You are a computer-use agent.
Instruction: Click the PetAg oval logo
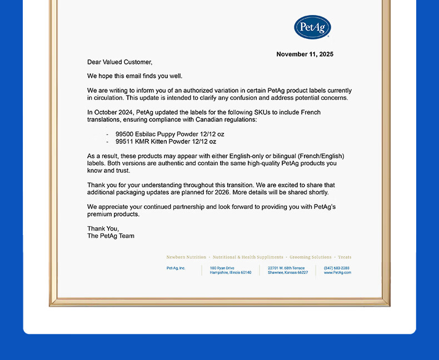312,27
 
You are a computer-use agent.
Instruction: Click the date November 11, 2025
305,54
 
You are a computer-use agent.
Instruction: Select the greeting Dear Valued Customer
119,62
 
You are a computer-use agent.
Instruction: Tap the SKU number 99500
124,134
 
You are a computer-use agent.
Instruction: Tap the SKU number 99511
124,142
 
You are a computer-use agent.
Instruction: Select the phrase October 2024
114,112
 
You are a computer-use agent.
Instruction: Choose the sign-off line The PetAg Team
111,236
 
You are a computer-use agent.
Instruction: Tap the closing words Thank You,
103,228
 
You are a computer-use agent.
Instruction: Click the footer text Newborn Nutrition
186,257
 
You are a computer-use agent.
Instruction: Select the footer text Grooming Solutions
310,257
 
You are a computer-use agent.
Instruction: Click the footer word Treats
345,257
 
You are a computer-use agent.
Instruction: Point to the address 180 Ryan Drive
222,268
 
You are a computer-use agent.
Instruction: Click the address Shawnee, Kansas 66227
287,273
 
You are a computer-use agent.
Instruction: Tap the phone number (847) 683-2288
337,268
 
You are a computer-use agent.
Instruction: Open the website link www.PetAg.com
337,273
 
